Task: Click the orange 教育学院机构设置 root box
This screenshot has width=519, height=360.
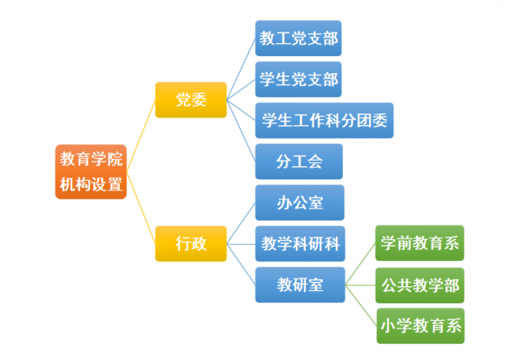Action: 91,172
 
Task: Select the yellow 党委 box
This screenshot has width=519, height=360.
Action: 191,100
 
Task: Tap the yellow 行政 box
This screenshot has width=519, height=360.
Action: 191,244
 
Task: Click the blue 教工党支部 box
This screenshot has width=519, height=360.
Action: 298,38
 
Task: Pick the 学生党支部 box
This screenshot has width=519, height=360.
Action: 298,79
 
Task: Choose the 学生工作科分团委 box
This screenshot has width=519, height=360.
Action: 324,121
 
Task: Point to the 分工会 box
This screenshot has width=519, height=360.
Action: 299,161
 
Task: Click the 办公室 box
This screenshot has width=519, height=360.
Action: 299,203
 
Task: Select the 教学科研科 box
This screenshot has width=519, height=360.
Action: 300,244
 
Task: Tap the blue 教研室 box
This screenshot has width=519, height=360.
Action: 300,285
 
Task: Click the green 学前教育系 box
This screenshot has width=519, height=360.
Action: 420,243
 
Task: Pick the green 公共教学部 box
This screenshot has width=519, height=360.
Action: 420,285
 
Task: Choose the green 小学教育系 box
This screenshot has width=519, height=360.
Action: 420,326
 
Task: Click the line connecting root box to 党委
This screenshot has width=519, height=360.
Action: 141,135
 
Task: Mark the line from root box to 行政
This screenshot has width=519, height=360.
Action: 141,208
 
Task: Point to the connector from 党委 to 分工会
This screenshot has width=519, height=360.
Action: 241,131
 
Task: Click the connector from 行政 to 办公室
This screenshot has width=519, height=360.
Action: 241,223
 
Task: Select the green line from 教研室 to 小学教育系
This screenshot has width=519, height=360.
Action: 361,306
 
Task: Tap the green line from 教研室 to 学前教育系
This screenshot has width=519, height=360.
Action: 360,264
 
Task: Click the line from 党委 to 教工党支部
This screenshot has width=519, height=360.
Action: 241,69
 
